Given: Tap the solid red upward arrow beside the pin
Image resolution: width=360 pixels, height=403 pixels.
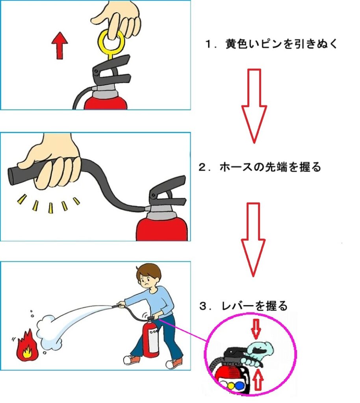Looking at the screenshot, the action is click(x=59, y=46).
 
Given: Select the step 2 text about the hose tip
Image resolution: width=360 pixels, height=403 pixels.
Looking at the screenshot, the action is click(x=260, y=167).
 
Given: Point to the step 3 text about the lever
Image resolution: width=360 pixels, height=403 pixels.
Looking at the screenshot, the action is click(x=243, y=306).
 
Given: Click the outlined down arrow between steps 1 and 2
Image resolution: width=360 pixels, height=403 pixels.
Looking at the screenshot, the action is click(x=254, y=105).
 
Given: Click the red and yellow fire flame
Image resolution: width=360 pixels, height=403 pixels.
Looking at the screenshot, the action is click(x=26, y=345).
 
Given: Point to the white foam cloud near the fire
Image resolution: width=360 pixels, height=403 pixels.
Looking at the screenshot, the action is click(x=50, y=331).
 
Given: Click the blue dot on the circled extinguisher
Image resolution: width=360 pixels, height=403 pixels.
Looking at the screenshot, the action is click(x=239, y=386).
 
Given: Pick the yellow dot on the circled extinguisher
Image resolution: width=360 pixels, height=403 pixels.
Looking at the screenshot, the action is click(x=232, y=386).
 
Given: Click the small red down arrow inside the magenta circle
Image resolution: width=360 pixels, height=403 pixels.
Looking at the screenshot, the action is click(x=256, y=329).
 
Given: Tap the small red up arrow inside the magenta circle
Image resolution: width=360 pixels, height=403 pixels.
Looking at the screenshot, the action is click(x=258, y=379).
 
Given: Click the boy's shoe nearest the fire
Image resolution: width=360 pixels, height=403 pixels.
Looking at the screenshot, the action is click(x=132, y=360).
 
